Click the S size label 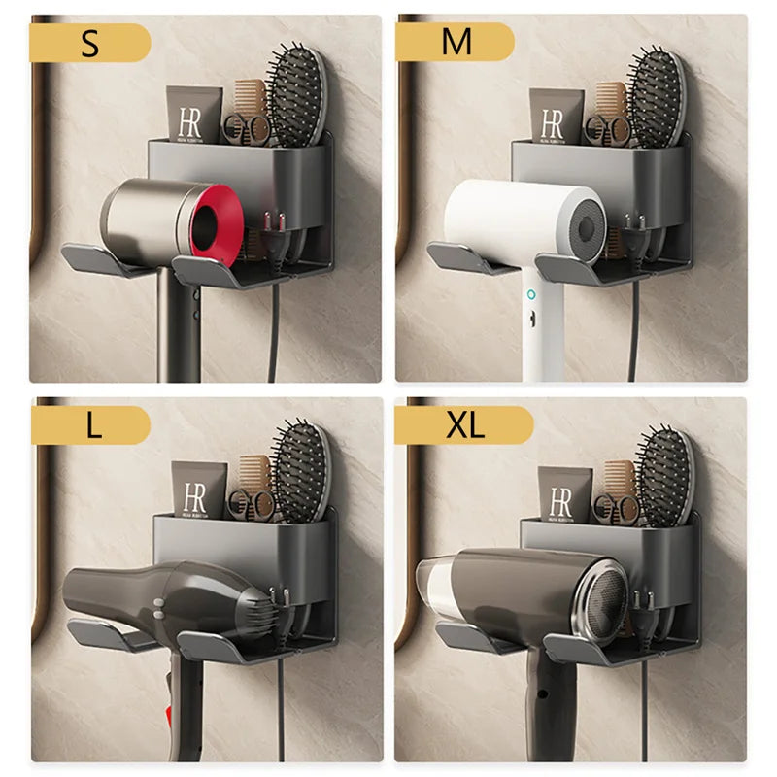coord(89,44)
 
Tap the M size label coord(456,43)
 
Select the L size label coord(92,425)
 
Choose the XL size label coord(465,425)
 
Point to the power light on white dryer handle coord(531,293)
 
